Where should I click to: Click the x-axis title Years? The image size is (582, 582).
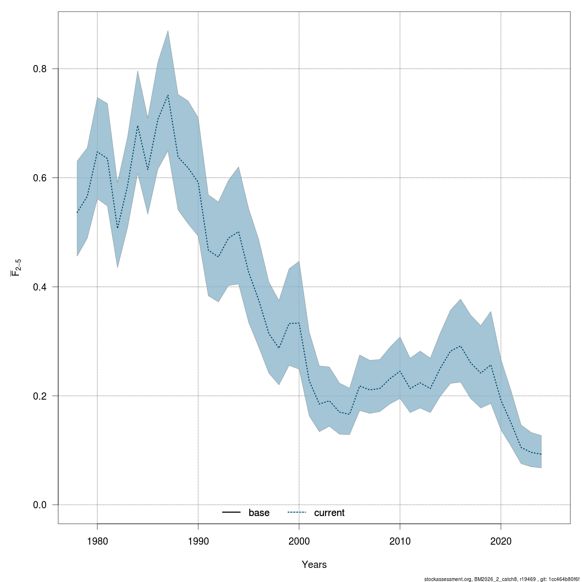[x=314, y=565]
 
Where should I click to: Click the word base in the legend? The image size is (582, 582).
[x=259, y=513]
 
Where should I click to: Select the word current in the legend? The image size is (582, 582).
[x=329, y=513]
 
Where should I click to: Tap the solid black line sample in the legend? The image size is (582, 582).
[x=232, y=513]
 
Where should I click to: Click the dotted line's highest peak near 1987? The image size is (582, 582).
[x=168, y=95]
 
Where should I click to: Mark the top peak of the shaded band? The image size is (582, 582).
[x=168, y=31]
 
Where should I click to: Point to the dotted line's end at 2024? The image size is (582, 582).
[x=541, y=454]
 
